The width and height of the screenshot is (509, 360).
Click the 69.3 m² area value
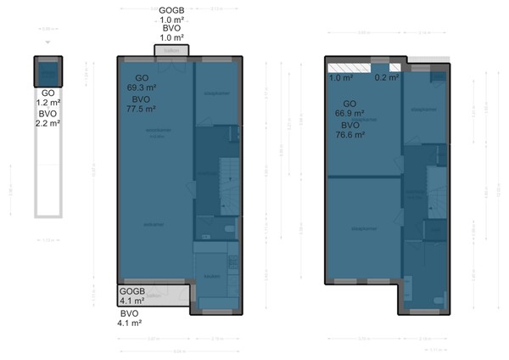pos(141,87)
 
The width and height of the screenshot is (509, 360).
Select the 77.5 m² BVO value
pos(141,108)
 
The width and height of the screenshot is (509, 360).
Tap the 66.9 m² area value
pos(350,113)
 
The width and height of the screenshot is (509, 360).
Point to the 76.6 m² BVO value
pos(350,134)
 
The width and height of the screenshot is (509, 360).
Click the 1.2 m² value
pos(48,103)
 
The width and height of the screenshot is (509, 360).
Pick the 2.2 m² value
pos(48,123)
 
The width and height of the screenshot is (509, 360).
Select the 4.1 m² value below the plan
pos(129,323)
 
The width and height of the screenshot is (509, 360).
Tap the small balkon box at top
pos(171,51)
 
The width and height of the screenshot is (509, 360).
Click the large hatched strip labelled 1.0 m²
pos(349,67)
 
